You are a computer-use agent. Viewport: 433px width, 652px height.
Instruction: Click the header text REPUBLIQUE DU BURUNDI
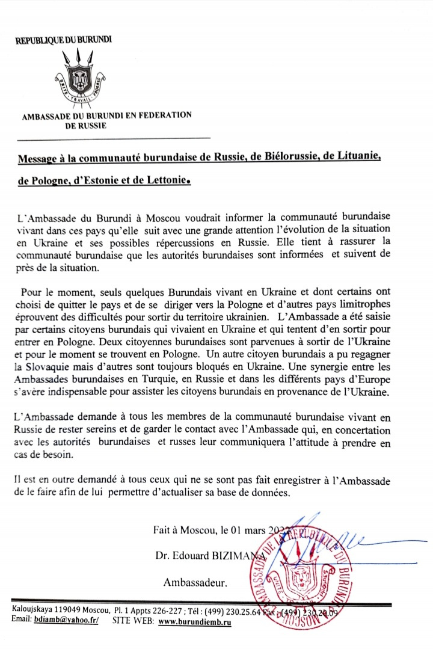(63, 40)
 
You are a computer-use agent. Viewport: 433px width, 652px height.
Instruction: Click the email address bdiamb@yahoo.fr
(66, 620)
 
